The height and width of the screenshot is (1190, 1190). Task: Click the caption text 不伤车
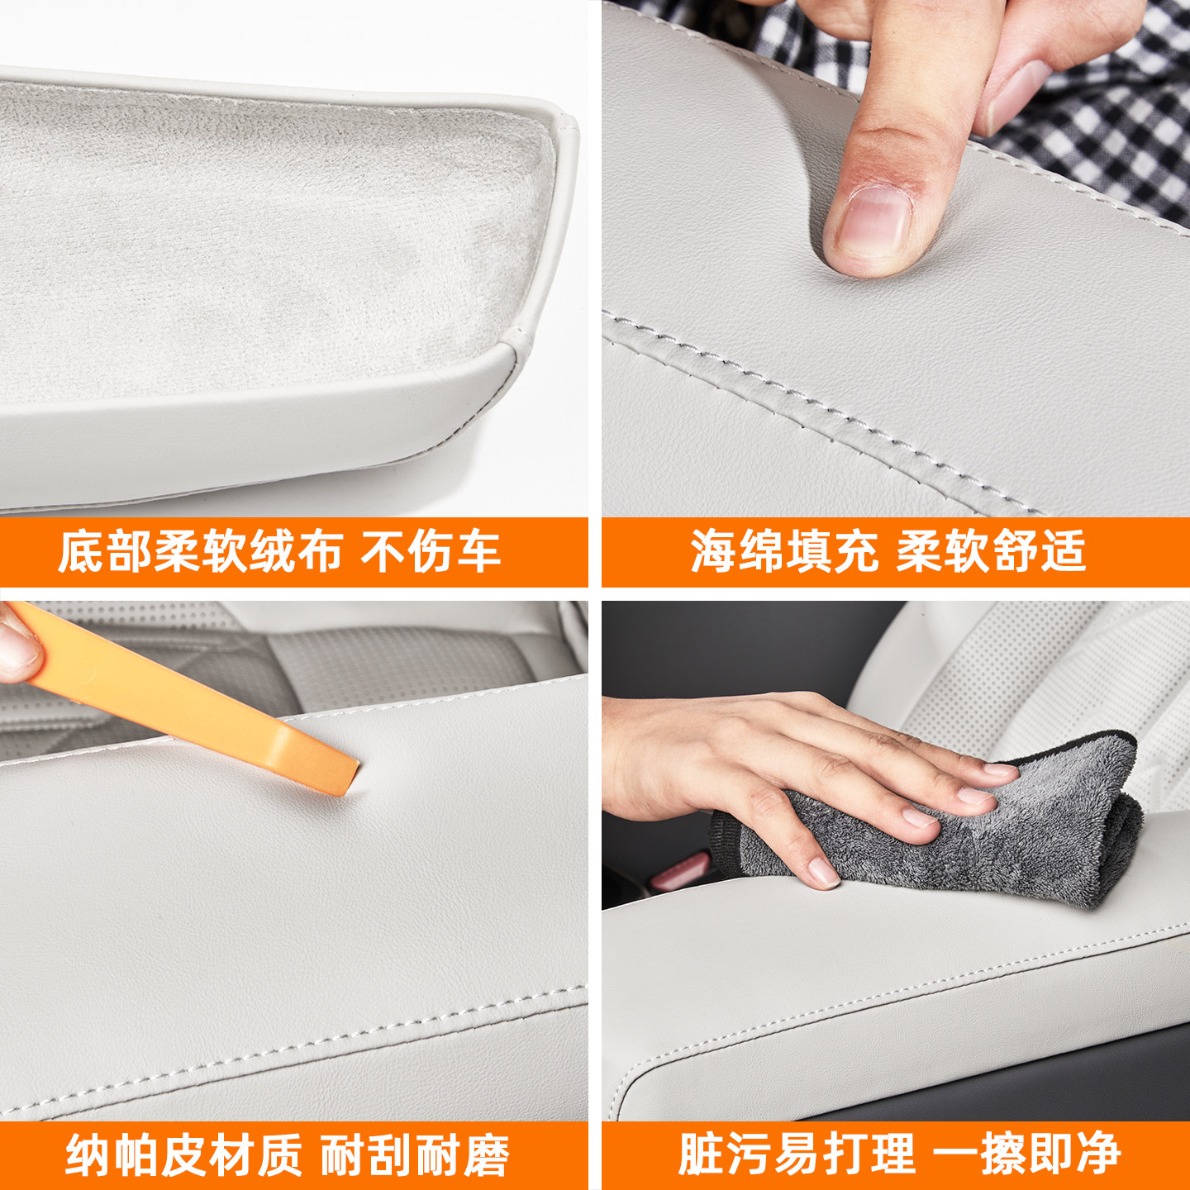[x=431, y=552]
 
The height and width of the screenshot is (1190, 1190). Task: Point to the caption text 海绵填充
[x=783, y=552]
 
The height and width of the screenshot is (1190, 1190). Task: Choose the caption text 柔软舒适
[x=991, y=552]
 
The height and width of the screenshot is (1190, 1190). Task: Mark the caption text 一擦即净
[x=1026, y=1154]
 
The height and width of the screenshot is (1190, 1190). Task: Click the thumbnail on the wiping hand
[x=822, y=872]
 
